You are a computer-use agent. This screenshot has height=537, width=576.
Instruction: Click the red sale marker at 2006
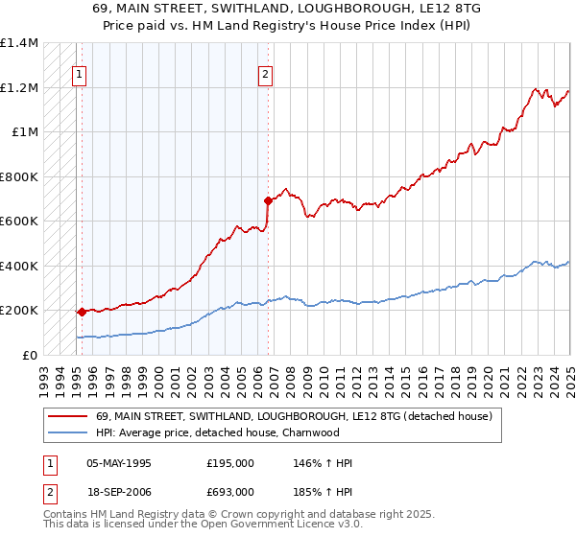pos(268,200)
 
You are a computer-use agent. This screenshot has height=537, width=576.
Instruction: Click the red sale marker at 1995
pos(82,312)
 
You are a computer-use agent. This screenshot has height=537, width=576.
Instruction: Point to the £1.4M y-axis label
pos(19,43)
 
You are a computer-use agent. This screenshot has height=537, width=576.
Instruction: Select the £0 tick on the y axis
pos(30,355)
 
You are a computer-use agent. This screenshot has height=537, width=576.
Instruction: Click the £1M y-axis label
pos(25,132)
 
